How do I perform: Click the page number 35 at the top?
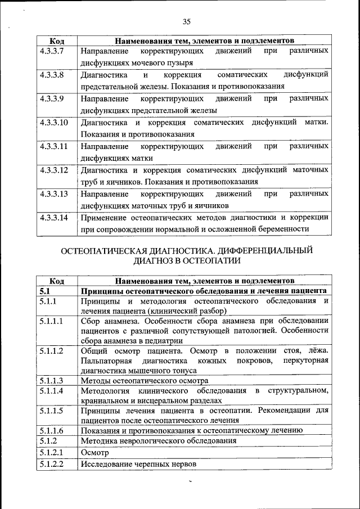coord(187,22)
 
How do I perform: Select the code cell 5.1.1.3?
coord(51,380)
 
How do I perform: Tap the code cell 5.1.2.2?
coord(51,464)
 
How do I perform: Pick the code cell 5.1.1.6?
coord(51,430)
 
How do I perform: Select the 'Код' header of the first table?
coord(56,41)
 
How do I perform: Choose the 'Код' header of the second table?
coord(56,280)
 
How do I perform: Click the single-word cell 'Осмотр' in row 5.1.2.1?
coord(93,452)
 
